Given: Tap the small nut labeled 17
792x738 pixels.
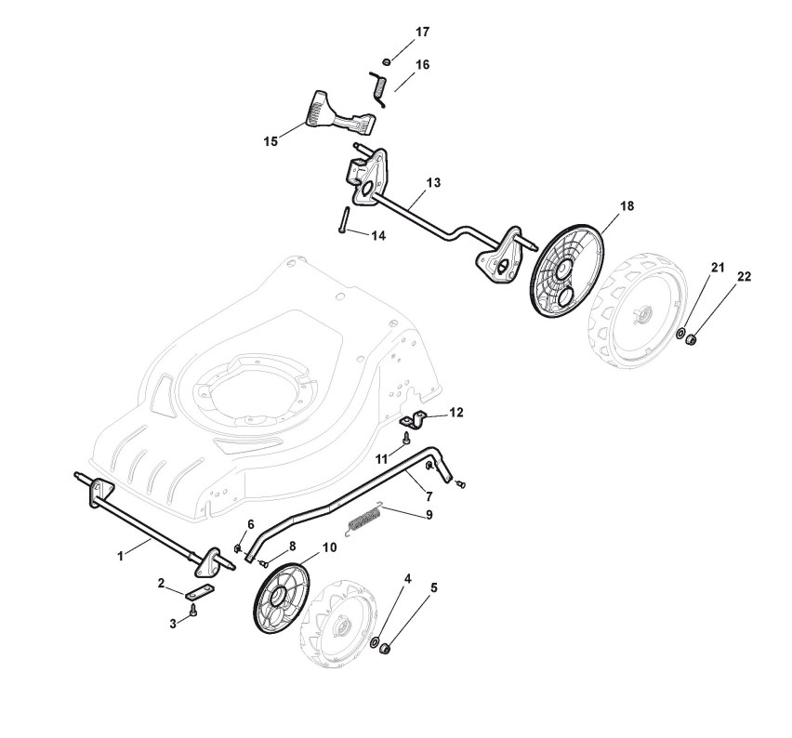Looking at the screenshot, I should (387, 61).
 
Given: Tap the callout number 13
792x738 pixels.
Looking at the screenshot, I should (432, 184).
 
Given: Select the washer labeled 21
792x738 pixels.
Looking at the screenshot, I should (681, 333).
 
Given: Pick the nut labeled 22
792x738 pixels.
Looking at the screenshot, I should (693, 340).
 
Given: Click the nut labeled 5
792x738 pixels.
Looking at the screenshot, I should (387, 647).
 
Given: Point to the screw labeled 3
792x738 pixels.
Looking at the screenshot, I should (192, 611).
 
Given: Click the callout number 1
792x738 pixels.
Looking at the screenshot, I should (120, 556).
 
